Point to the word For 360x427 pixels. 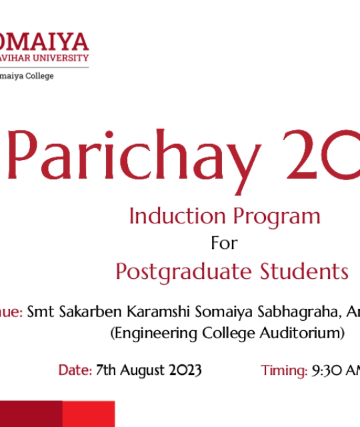[224, 244]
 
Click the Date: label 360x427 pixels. [75, 370]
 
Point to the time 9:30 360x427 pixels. [327, 370]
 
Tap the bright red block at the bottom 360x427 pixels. [88, 414]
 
